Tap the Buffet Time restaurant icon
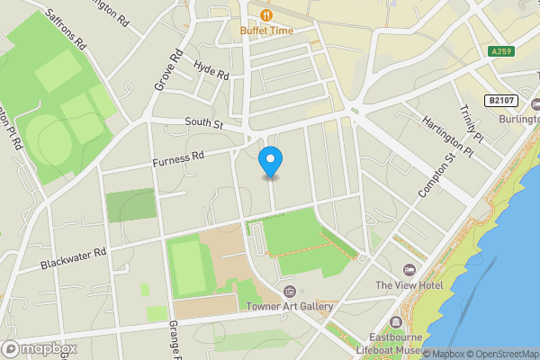tap(266, 14)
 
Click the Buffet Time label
tap(266, 30)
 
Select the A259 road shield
tap(502, 52)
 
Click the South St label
tap(203, 122)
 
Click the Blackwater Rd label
tap(74, 259)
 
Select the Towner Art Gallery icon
tap(290, 292)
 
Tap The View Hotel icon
tap(409, 270)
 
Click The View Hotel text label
tap(409, 284)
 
